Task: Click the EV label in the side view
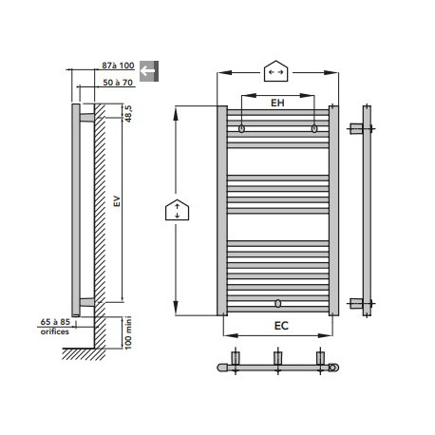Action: coord(114,202)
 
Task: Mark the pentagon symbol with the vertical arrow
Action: coord(177,210)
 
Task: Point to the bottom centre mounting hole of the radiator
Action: coord(278,304)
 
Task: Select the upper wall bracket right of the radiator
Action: coord(357,128)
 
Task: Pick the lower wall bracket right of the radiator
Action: coord(357,304)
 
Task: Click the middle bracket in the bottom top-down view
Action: coord(278,359)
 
